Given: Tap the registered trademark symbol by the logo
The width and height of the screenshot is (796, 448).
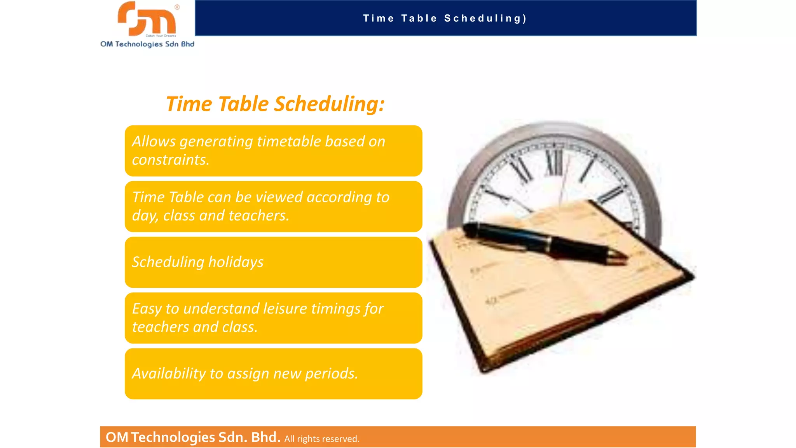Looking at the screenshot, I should [177, 7].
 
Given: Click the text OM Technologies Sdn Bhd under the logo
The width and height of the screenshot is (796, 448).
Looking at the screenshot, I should [147, 44].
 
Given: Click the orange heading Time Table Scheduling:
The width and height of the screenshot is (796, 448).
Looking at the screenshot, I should [275, 104].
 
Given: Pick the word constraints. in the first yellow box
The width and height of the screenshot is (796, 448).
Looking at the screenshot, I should [171, 160].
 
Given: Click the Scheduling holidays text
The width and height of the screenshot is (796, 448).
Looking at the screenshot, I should [198, 262].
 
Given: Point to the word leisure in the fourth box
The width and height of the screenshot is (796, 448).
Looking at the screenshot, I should [285, 309].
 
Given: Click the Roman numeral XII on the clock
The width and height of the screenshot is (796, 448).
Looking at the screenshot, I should [554, 163].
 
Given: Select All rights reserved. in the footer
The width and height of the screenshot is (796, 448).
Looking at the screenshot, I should [322, 439].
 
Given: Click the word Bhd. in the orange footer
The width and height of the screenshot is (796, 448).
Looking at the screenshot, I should [265, 437].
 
